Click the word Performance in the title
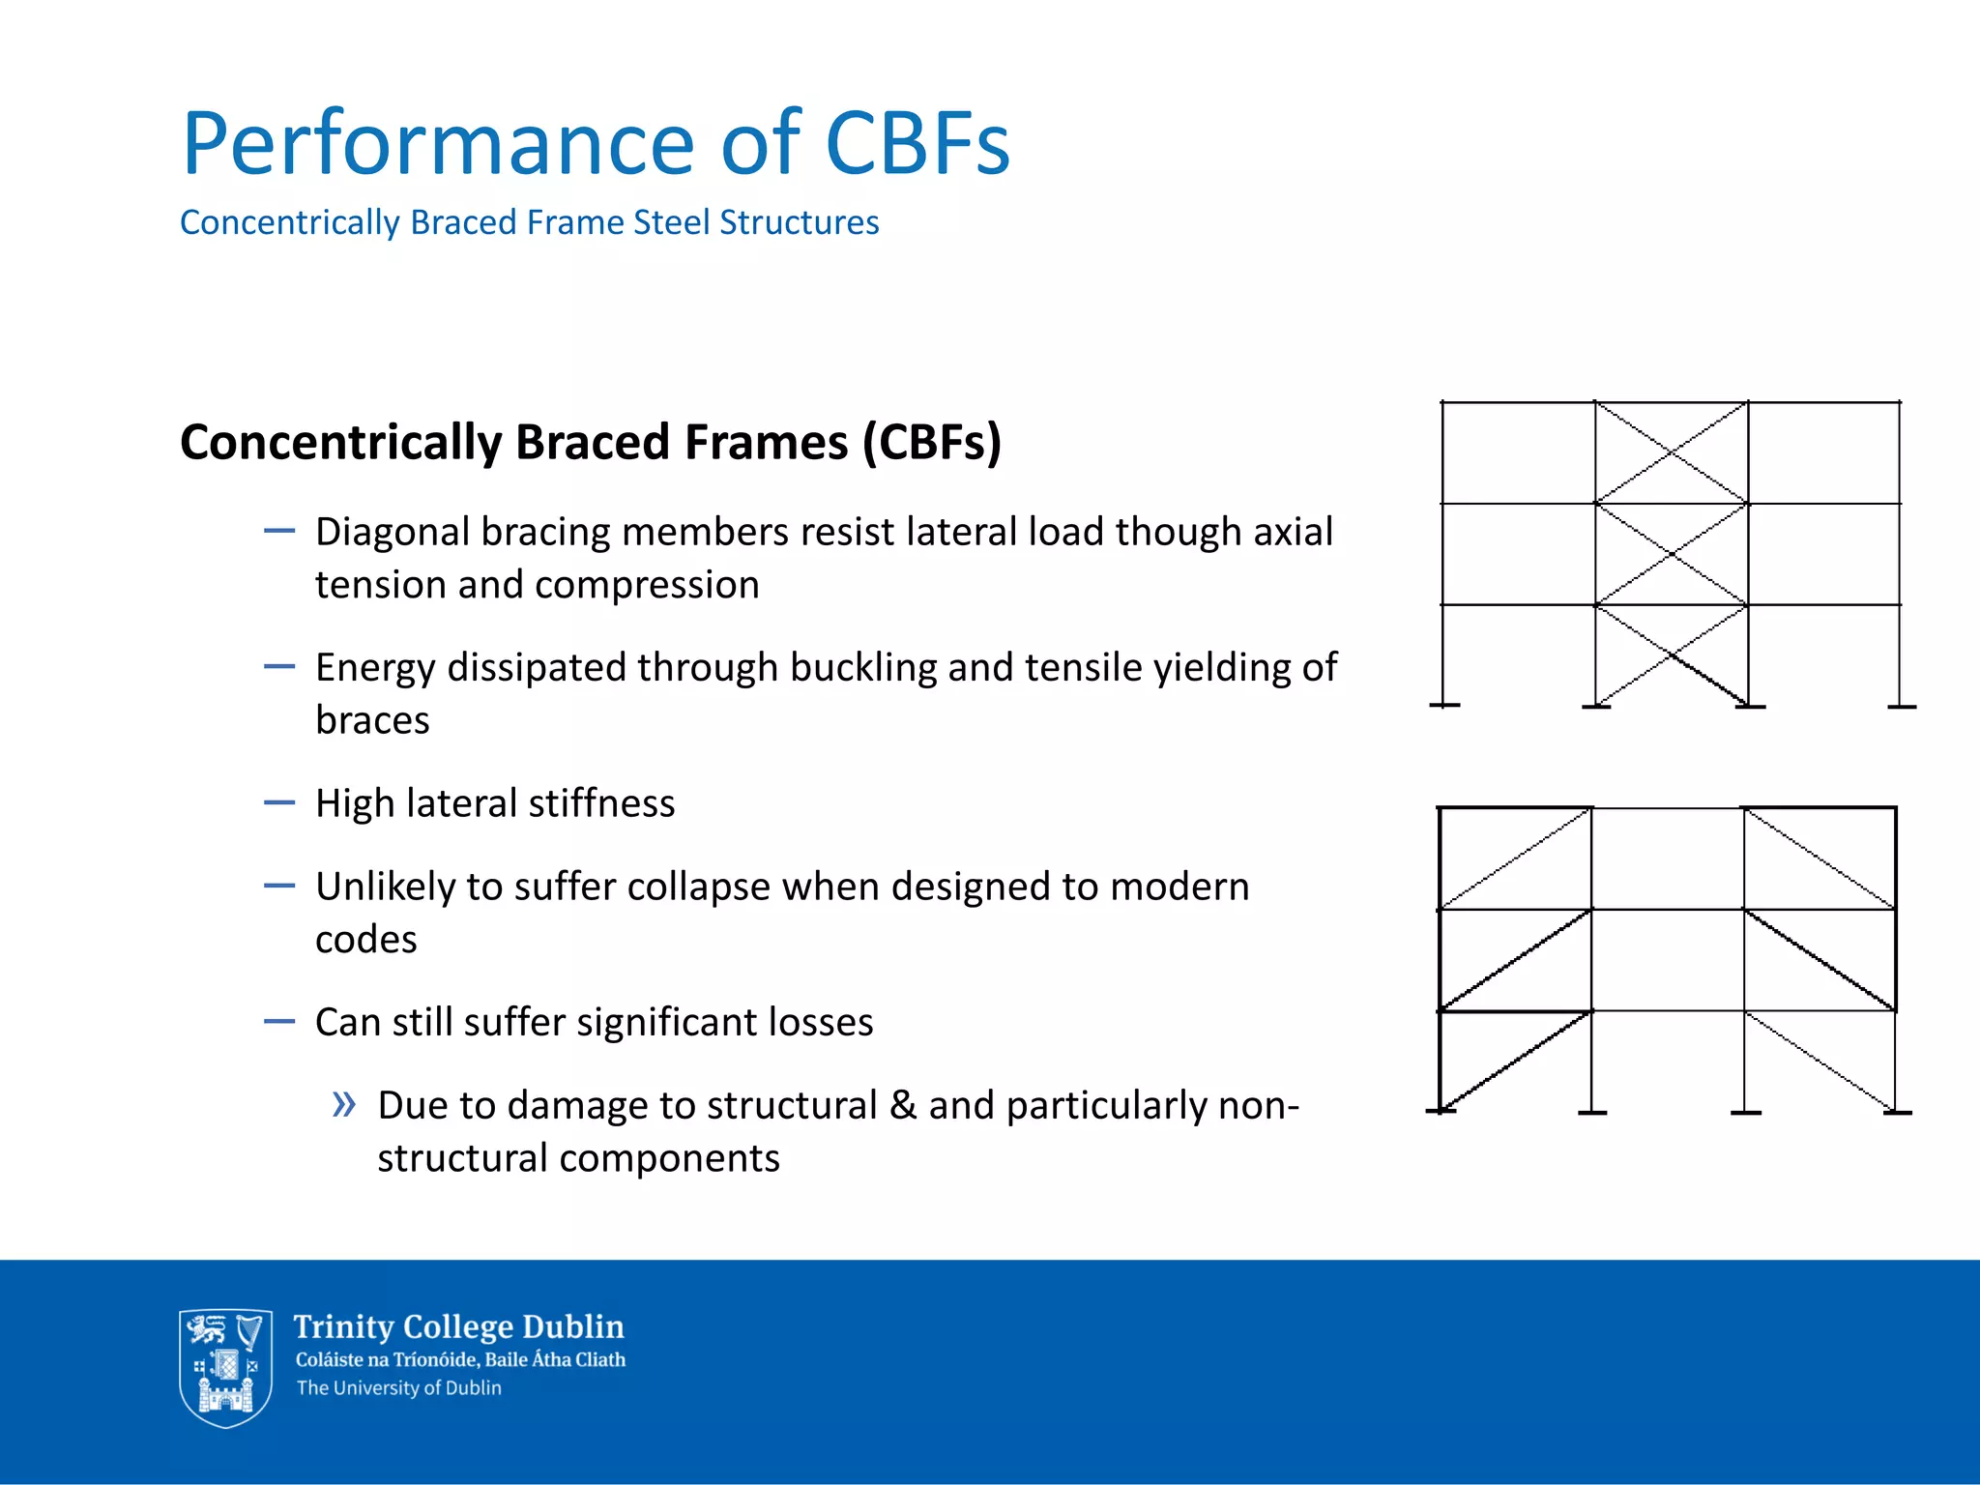click(x=438, y=145)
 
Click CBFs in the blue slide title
click(x=917, y=143)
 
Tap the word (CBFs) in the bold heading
click(x=931, y=442)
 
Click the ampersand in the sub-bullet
click(x=902, y=1105)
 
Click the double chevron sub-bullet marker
click(x=343, y=1104)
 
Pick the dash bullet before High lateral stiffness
click(x=278, y=802)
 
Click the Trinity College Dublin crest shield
click(x=225, y=1367)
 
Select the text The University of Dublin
click(x=398, y=1388)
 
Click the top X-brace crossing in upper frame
click(x=1672, y=452)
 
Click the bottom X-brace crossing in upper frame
click(x=1672, y=655)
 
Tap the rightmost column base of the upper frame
click(x=1901, y=707)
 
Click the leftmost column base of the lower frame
click(x=1441, y=1111)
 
